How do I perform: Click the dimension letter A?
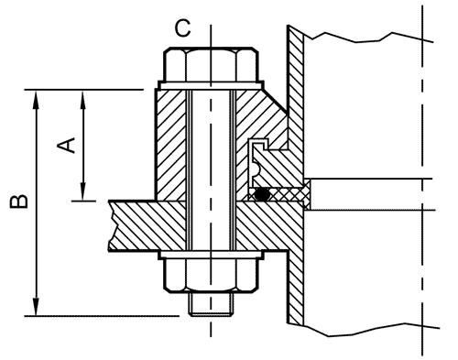66,146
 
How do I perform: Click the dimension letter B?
19,202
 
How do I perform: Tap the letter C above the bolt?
182,28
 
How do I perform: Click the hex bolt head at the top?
211,64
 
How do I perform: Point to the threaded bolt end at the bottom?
212,304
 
